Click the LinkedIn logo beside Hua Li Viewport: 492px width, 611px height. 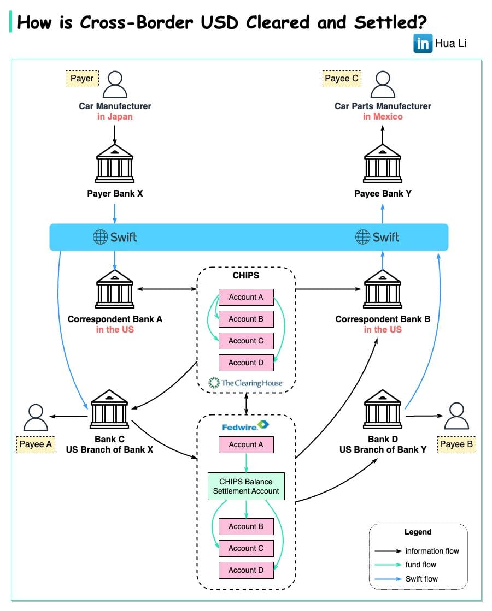tap(423, 43)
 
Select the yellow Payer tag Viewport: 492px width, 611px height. tap(82, 79)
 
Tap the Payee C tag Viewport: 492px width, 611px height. tap(342, 79)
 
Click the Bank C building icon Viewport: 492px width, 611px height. tap(109, 408)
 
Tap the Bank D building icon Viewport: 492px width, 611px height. tap(383, 408)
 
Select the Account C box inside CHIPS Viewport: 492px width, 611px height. tap(246, 341)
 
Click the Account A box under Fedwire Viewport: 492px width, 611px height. tap(246, 444)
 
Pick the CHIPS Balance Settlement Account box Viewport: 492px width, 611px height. tap(246, 487)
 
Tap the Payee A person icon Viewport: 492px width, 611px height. tap(36, 418)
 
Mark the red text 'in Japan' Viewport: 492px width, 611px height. tap(115, 116)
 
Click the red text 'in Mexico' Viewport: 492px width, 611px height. tap(383, 116)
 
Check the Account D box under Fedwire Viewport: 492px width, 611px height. tap(246, 570)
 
